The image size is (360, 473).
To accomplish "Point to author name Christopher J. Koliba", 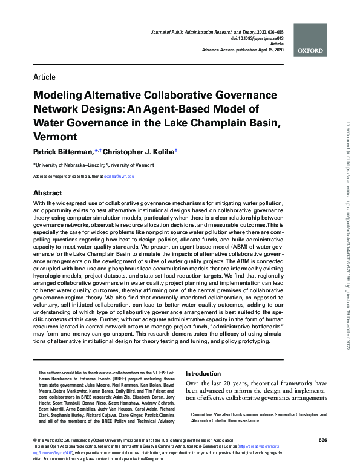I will pyautogui.click(x=142, y=151).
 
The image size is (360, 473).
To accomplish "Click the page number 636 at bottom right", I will pyautogui.click(x=322, y=440).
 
